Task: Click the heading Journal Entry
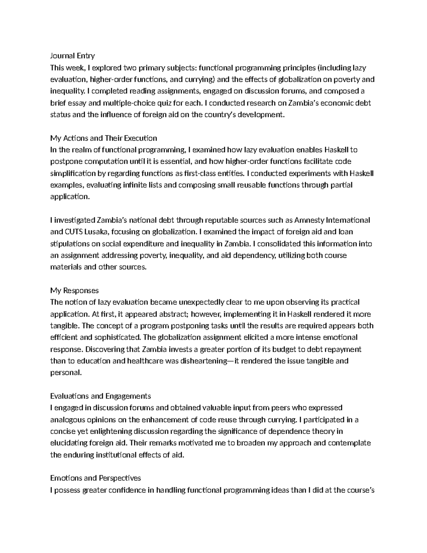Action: pos(73,56)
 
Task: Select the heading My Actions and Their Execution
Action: pos(104,138)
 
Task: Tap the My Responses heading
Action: pos(74,291)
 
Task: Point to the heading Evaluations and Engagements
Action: pos(101,396)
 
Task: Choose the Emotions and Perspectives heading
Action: pos(96,478)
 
